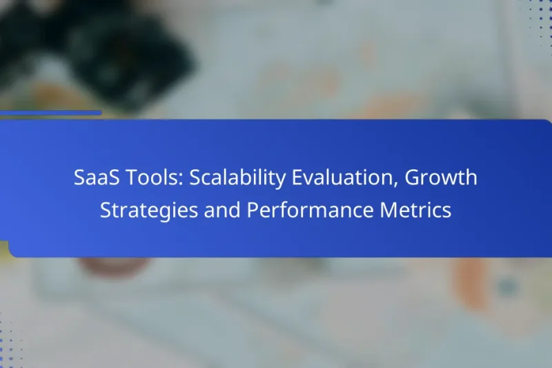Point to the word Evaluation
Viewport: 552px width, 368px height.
[x=337, y=178]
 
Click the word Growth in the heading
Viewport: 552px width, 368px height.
[x=441, y=178]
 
